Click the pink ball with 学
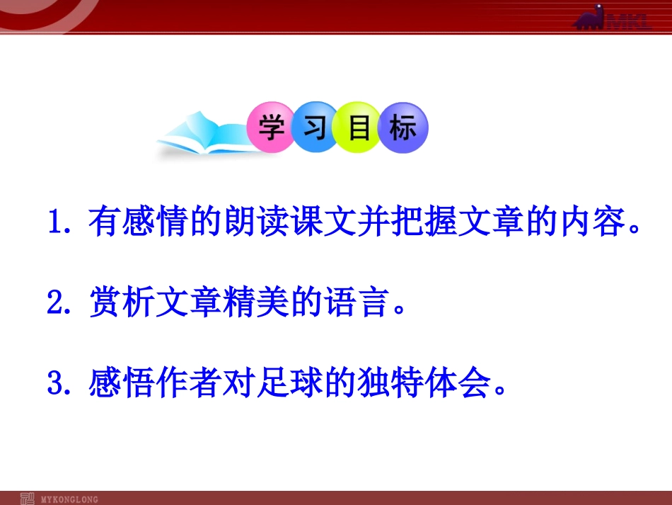click(271, 128)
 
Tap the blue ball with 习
click(315, 128)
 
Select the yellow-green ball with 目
click(359, 128)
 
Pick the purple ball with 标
click(402, 128)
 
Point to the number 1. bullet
click(62, 224)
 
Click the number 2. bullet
click(62, 304)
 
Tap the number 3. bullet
click(62, 383)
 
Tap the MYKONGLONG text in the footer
click(69, 499)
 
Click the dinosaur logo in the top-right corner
click(613, 18)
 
